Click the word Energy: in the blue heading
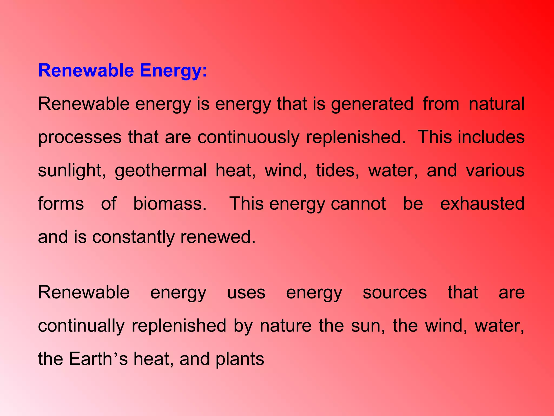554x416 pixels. pyautogui.click(x=173, y=71)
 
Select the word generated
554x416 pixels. pyautogui.click(x=372, y=104)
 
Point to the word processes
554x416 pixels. pyautogui.click(x=80, y=138)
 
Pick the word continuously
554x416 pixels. pyautogui.click(x=248, y=138)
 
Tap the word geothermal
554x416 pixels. pyautogui.click(x=161, y=171)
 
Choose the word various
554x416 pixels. pyautogui.click(x=495, y=170)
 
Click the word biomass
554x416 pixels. pyautogui.click(x=170, y=204)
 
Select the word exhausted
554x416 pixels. pyautogui.click(x=482, y=204)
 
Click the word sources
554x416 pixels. pyautogui.click(x=395, y=293)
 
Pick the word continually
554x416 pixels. pyautogui.click(x=81, y=326)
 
